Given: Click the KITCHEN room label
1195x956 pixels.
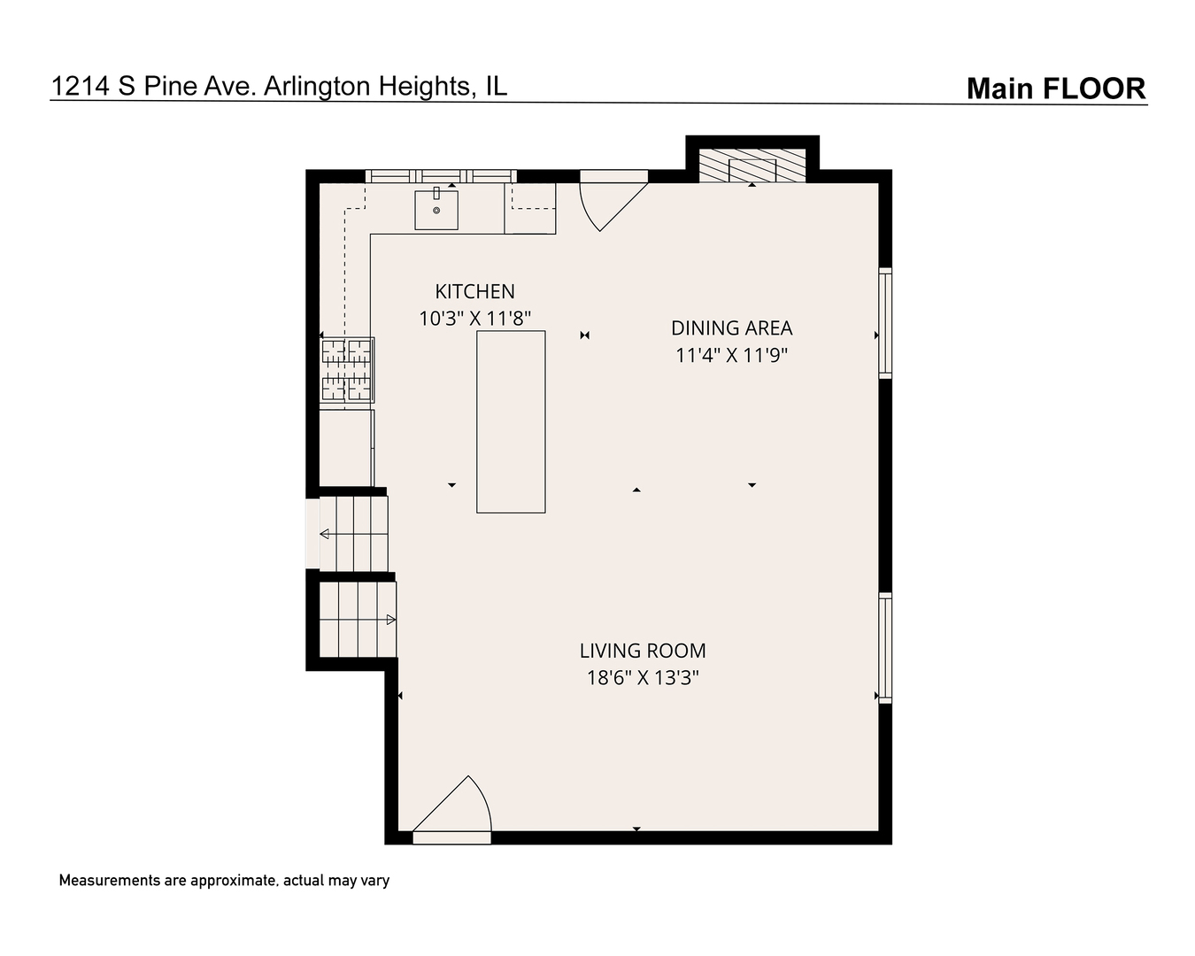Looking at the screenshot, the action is (474, 291).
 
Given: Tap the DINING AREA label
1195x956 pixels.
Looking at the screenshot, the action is (731, 328).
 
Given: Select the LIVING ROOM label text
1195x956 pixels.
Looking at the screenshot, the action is (643, 651).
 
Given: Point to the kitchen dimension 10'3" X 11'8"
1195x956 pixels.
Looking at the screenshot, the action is (474, 319).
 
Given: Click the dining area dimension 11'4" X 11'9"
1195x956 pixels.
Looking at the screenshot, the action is (731, 355).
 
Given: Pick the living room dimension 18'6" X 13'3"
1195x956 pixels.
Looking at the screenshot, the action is (643, 678).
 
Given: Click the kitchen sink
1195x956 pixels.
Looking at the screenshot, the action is (436, 210).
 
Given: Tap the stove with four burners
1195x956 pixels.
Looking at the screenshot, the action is (347, 370).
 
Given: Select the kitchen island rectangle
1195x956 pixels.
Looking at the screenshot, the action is (511, 421).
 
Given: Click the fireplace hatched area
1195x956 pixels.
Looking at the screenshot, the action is (752, 166).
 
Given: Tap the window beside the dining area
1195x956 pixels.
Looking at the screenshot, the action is (885, 323).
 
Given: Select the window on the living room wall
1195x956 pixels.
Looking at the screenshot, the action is (885, 648).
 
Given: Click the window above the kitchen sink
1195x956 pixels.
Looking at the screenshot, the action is (441, 176).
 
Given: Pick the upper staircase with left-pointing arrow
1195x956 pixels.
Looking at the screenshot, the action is (354, 534).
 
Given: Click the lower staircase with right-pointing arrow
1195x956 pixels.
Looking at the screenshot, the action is (358, 620).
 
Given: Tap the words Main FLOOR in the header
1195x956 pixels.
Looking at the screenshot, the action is (1056, 89).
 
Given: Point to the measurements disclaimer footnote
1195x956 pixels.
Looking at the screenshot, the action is (224, 881).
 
